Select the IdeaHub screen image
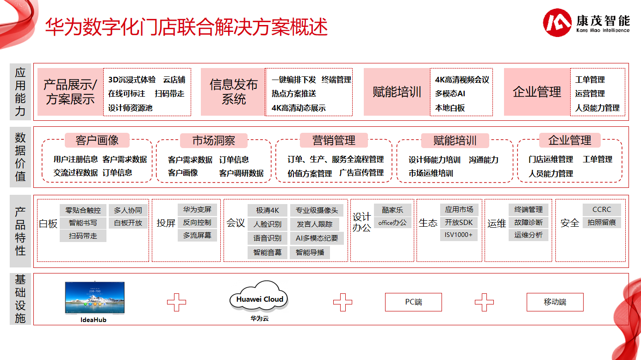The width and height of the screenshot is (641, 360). pyautogui.click(x=94, y=298)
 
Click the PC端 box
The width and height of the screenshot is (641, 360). pyautogui.click(x=413, y=302)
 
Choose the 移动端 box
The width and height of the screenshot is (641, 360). pyautogui.click(x=554, y=302)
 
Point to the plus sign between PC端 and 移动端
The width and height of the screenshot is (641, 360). pyautogui.click(x=484, y=302)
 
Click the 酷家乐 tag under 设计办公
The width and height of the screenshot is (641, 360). pyautogui.click(x=392, y=210)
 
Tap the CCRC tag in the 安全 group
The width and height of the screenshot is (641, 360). pyautogui.click(x=602, y=210)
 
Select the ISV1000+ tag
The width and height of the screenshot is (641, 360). pyautogui.click(x=459, y=235)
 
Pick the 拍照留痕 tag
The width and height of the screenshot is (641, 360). pyautogui.click(x=602, y=223)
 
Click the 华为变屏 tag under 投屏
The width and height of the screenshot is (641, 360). pyautogui.click(x=197, y=210)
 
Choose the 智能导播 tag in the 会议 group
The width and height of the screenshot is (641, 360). pyautogui.click(x=310, y=253)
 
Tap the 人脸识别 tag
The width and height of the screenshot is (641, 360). pyautogui.click(x=268, y=224)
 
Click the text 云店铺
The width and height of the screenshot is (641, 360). pyautogui.click(x=174, y=80)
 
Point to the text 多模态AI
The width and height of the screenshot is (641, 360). pyautogui.click(x=450, y=93)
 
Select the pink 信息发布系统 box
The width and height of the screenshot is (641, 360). pyautogui.click(x=233, y=92)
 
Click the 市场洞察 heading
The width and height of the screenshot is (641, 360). pyautogui.click(x=214, y=140)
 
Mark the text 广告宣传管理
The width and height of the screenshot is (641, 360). pyautogui.click(x=361, y=173)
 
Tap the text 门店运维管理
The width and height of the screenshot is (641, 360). pyautogui.click(x=551, y=159)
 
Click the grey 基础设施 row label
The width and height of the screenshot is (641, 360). pyautogui.click(x=20, y=299)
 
